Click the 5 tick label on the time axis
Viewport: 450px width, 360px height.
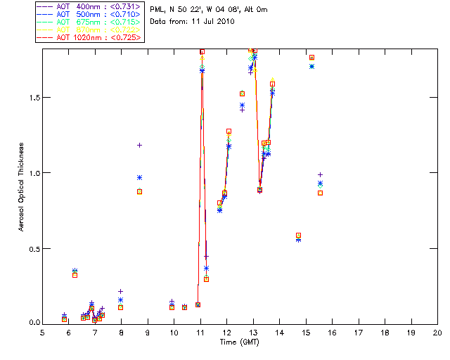coord(42,333)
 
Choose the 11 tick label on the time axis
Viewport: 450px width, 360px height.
coord(200,333)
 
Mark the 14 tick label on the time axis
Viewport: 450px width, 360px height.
coord(279,333)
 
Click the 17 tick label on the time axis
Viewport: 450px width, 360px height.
coord(358,333)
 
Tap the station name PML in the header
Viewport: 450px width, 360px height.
coord(159,9)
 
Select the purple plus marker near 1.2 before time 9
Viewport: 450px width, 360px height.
coord(139,145)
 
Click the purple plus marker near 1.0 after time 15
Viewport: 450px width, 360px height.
coord(320,174)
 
